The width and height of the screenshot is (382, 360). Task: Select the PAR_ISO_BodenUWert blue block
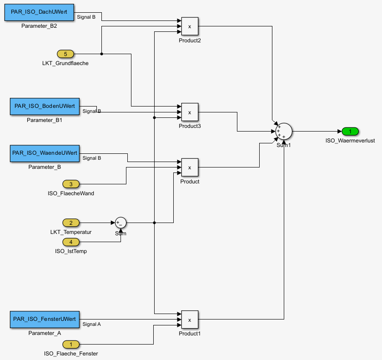[x=44, y=106]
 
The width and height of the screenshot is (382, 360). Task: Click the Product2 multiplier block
[x=190, y=26]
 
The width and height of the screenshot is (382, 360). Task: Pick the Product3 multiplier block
[x=190, y=112]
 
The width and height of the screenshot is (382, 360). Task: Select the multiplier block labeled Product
[x=190, y=167]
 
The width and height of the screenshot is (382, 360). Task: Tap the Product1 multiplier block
[x=190, y=320]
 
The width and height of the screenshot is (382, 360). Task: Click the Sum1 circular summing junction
[x=284, y=132]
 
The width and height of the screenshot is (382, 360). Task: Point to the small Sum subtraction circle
[x=121, y=223]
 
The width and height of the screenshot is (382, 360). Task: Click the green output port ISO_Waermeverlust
[x=350, y=132]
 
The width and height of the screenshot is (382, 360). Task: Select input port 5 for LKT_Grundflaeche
[x=65, y=54]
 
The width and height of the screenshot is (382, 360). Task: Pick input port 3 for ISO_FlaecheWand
[x=70, y=184]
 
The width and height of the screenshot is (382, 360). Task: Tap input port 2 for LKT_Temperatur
[x=70, y=223]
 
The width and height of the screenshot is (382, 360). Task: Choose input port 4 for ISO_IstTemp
[x=70, y=242]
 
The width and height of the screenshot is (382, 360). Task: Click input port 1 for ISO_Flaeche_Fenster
[x=70, y=344]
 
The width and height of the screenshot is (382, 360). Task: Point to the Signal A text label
[x=92, y=325]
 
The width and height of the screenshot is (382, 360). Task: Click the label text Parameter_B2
[x=39, y=26]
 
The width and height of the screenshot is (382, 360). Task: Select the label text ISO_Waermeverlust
[x=350, y=141]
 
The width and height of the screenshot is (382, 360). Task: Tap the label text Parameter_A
[x=44, y=333]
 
